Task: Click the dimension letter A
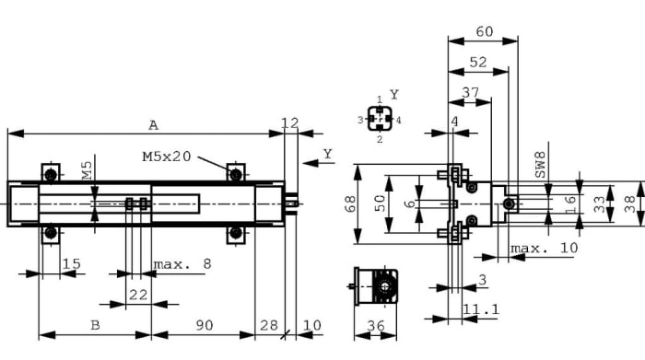coord(153,124)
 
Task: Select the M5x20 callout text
coord(167,157)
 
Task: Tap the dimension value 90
coord(205,324)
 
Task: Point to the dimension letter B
coord(94,324)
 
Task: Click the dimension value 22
coord(138,294)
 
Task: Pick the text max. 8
coord(182,264)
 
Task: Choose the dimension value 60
coord(483,31)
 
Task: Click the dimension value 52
coord(477,62)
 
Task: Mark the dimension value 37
coord(470,92)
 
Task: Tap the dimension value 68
coord(351,204)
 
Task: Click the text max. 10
coord(545,249)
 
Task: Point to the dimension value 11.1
coord(480,309)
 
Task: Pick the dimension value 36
coord(376,325)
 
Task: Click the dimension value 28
coord(268,324)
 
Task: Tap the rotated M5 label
coord(86,169)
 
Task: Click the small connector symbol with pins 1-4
coord(379,119)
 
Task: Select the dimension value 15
coord(70,264)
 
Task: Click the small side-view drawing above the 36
coord(377,287)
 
